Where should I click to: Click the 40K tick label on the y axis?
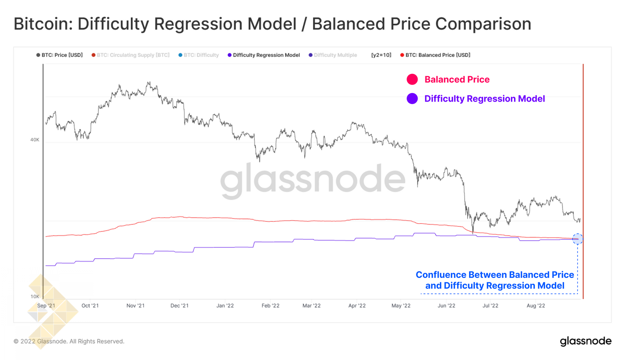[x=35, y=140]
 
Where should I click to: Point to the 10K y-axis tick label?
[x=35, y=296]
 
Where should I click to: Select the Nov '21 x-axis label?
[x=135, y=306]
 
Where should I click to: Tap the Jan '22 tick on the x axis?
[x=225, y=306]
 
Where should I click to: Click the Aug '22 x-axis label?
[x=536, y=306]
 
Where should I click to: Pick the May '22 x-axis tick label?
[x=401, y=306]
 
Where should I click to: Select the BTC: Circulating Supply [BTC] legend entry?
[x=130, y=55]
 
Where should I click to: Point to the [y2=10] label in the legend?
[x=381, y=55]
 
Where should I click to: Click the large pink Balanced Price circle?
[x=412, y=79]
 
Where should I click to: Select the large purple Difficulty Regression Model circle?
[x=412, y=99]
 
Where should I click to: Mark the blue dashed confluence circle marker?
[x=577, y=239]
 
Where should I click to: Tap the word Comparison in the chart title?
[x=483, y=24]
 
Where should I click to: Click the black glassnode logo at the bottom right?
[x=586, y=341]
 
